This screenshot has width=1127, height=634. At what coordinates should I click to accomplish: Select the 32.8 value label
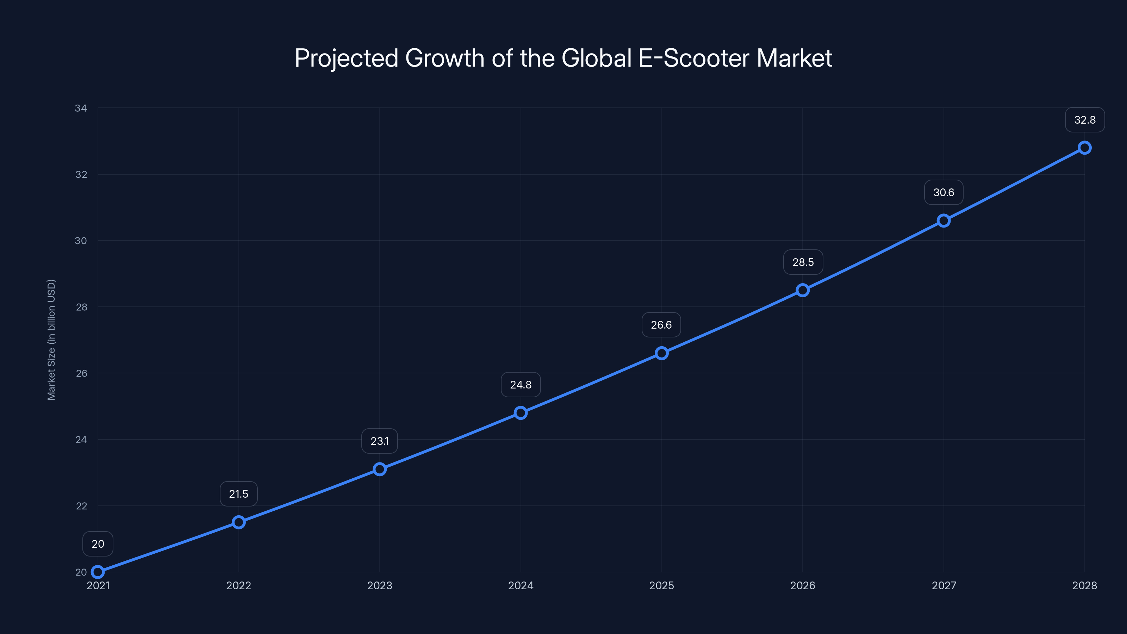coord(1085,120)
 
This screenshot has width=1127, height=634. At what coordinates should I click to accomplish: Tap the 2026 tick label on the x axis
coord(802,585)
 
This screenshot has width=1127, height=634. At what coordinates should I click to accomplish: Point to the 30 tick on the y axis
coord(81,241)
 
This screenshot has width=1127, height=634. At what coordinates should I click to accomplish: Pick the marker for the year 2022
coord(238,522)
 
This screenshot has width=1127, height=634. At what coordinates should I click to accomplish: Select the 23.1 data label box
coord(379,441)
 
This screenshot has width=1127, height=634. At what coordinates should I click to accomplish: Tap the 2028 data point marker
coord(1085,148)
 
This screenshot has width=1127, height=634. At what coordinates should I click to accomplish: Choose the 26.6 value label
coord(661,325)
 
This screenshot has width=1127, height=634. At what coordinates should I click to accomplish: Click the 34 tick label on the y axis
coord(81,108)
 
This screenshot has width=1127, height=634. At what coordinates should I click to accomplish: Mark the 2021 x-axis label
coord(98,585)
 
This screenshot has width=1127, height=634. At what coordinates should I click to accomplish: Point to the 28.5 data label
coord(803,262)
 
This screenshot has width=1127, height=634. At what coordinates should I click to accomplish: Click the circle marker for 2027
coord(944,220)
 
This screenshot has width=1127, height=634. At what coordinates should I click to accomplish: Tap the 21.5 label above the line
coord(238,494)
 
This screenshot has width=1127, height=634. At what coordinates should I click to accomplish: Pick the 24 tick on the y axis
coord(81,440)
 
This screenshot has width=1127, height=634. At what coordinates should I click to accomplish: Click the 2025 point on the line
coord(661,353)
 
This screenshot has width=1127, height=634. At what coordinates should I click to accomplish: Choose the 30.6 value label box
coord(944,193)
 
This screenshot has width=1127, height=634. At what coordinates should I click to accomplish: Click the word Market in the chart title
coord(794,58)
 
